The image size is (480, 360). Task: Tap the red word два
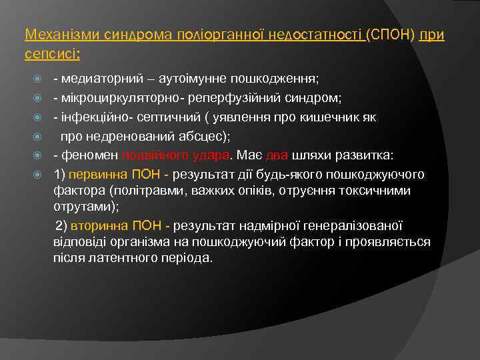277,156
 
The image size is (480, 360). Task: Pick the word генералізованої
363,226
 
